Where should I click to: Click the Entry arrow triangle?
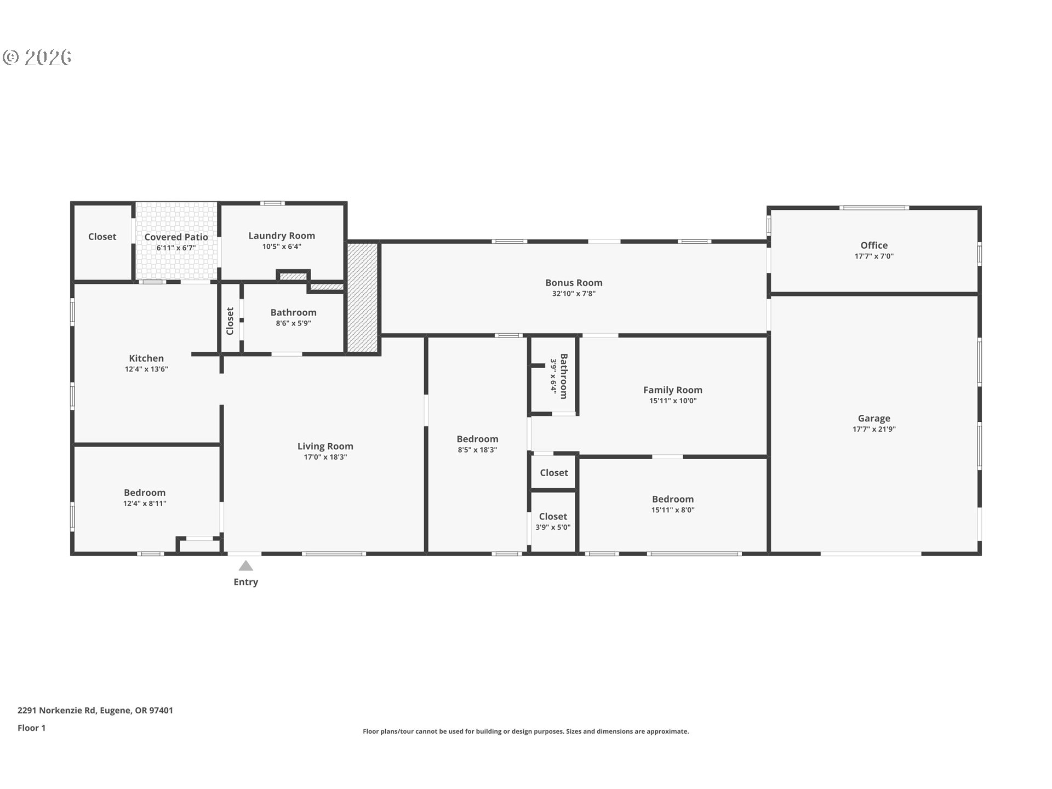click(245, 566)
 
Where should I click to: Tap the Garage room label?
click(874, 418)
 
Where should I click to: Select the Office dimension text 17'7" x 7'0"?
click(874, 256)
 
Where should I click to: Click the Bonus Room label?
click(574, 283)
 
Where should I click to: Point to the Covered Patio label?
click(176, 237)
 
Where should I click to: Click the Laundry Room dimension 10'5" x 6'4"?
click(282, 247)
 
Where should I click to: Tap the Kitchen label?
click(146, 358)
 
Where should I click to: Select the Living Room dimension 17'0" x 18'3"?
click(325, 457)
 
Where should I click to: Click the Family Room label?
click(672, 390)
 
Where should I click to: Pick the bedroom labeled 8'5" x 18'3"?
click(477, 439)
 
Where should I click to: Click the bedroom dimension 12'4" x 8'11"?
click(145, 504)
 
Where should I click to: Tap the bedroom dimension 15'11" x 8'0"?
click(672, 510)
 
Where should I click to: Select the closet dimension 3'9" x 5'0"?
click(553, 527)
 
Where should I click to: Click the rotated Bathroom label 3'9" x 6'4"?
click(564, 376)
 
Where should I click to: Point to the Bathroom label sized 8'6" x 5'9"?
click(293, 312)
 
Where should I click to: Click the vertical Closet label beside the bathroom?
click(230, 321)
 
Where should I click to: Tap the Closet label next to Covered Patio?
click(102, 237)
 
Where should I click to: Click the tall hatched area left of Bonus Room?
click(363, 298)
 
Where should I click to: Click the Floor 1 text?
click(32, 728)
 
